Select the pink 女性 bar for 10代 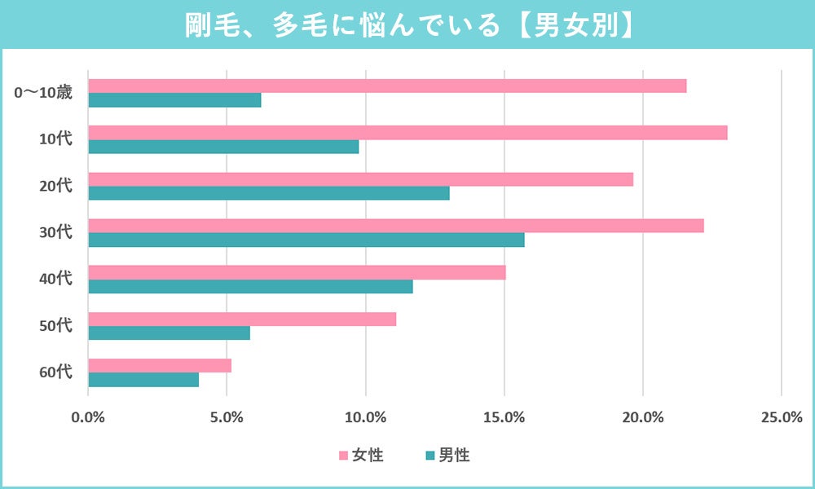(407, 133)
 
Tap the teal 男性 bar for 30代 (306, 240)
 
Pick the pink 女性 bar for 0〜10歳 (387, 86)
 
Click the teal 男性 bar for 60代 (143, 380)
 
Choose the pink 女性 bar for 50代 (242, 319)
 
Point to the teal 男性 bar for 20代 (268, 193)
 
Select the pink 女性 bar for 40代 (297, 272)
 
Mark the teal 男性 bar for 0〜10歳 (174, 100)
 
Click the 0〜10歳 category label (44, 93)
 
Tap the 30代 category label (56, 232)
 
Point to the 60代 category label (56, 372)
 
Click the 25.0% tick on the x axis (781, 418)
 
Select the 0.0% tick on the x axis (88, 418)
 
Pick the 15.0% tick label (504, 418)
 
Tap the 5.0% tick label (227, 418)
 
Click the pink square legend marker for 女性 (343, 456)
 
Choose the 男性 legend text (454, 456)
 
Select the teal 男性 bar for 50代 (169, 333)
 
